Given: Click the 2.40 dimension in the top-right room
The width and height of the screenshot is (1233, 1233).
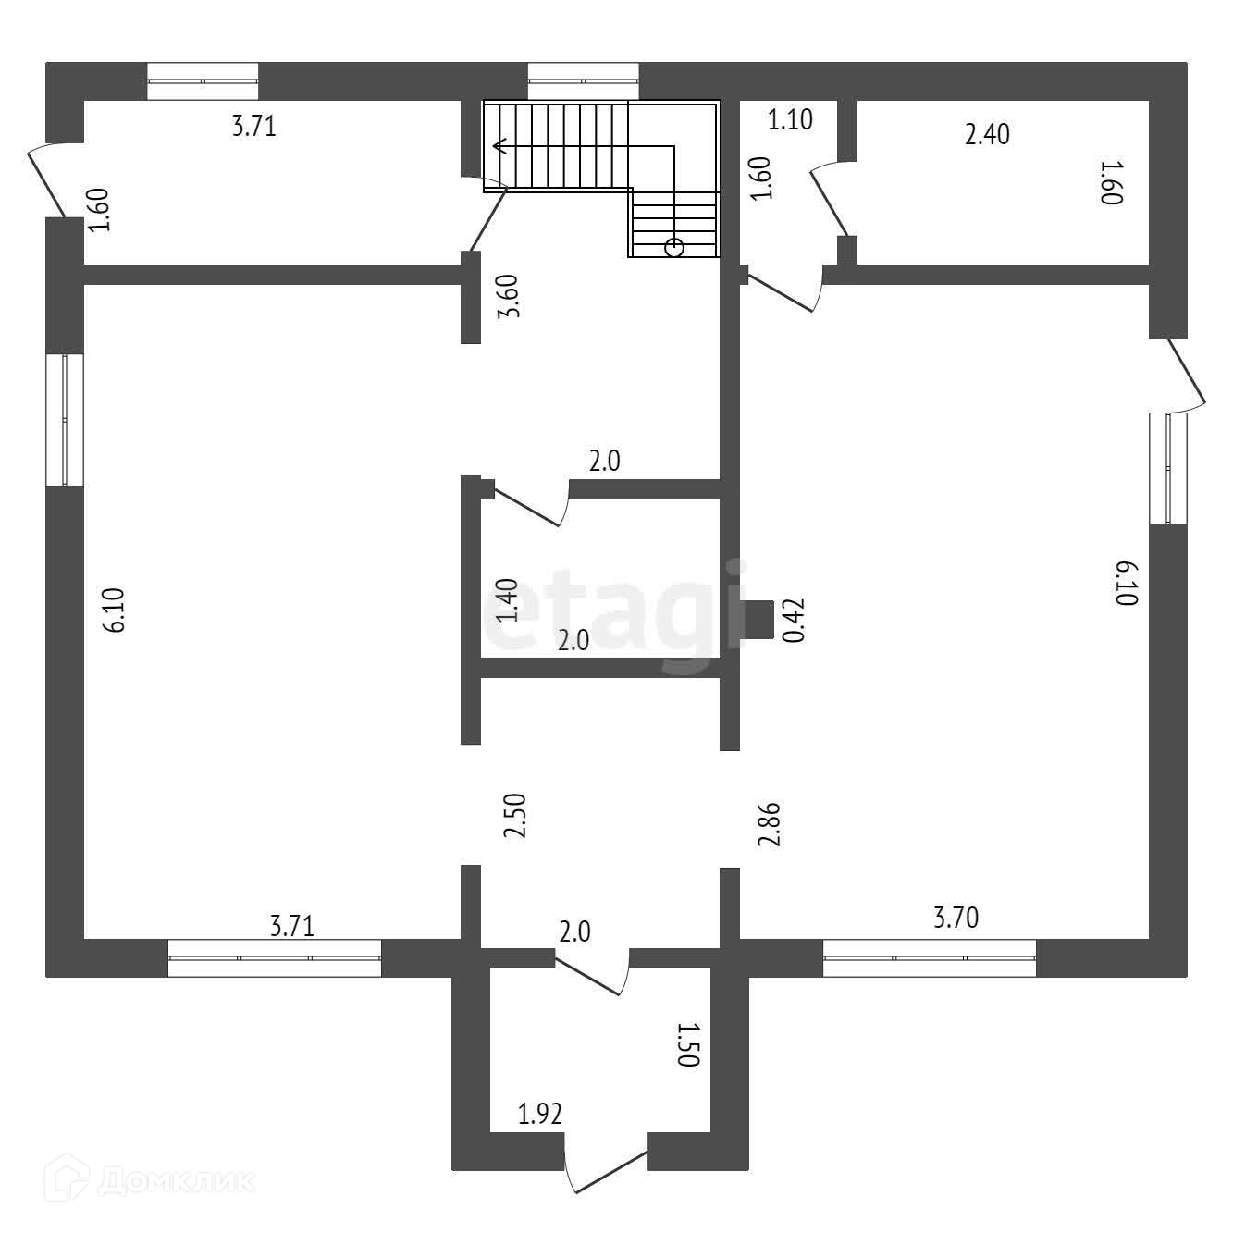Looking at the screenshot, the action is click(x=987, y=135).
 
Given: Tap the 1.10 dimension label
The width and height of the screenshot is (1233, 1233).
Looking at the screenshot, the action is click(x=790, y=119).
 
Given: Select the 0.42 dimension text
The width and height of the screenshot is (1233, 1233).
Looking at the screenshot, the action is click(x=793, y=621).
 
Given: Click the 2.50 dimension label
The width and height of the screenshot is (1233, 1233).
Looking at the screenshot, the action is click(x=514, y=815).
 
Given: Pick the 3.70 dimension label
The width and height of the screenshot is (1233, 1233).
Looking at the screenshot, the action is click(x=956, y=919).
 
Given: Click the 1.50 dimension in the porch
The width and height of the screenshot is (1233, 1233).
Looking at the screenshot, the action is click(x=688, y=1045).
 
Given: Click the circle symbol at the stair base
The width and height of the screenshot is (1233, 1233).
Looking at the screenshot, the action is click(x=674, y=246).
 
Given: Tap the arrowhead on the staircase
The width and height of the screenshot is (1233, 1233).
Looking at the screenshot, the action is click(x=499, y=145).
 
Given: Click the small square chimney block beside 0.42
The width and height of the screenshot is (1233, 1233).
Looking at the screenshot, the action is click(x=759, y=620).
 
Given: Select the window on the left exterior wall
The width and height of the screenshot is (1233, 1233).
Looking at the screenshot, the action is click(x=65, y=419).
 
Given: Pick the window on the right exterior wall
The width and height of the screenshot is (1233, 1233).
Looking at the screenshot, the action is click(x=1167, y=468).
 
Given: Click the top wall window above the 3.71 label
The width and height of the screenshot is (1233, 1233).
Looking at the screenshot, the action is click(x=203, y=80).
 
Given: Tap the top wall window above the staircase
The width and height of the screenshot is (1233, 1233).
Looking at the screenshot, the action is click(x=583, y=80).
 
